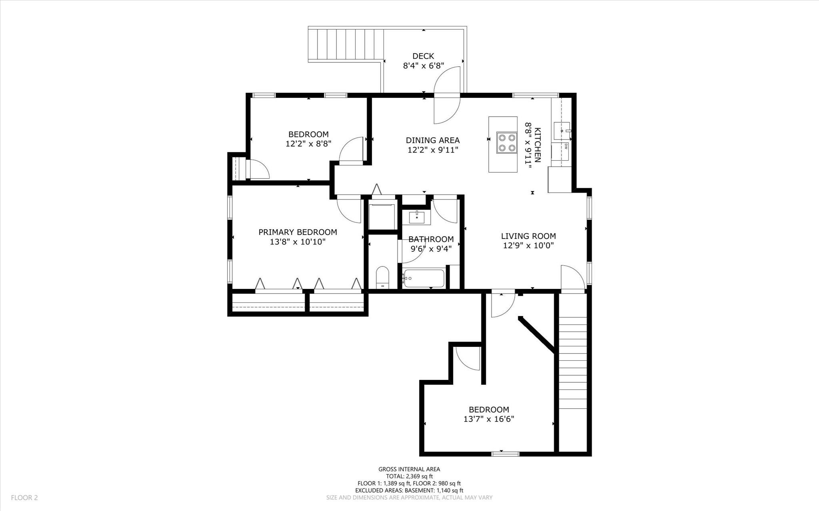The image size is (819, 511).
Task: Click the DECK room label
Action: [423, 56]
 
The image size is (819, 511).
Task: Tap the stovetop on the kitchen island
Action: [506, 143]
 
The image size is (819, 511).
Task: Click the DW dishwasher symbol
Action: [566, 147]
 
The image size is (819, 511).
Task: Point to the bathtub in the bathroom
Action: [423, 278]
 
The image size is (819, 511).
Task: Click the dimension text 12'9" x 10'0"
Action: [528, 246]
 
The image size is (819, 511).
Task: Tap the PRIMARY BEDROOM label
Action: [298, 232]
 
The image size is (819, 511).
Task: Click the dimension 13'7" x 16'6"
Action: [489, 419]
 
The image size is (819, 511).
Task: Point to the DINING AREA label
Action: [433, 140]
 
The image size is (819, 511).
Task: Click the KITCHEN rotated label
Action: [537, 145]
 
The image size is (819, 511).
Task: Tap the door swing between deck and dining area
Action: [447, 95]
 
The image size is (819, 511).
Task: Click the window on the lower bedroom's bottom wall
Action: [505, 453]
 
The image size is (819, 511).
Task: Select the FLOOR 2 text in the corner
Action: [24, 498]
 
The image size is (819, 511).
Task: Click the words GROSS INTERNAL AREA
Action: [409, 469]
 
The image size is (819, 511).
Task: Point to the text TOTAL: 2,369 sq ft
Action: [409, 476]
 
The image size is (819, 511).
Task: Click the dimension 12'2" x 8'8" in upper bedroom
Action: [308, 144]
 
